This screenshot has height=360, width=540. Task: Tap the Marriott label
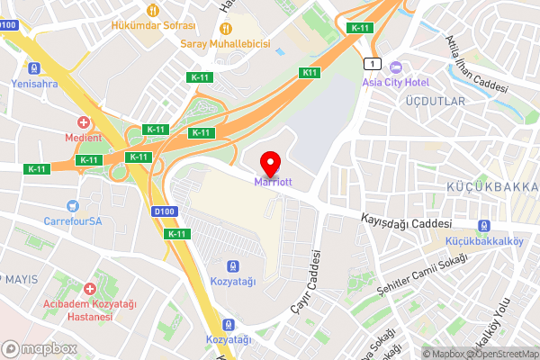pos(273,181)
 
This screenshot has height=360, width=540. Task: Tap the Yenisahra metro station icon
pos(34,68)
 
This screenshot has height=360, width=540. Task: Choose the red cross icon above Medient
pos(84,122)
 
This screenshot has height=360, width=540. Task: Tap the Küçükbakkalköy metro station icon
pos(485,226)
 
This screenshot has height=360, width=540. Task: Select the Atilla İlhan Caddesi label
pos(476,65)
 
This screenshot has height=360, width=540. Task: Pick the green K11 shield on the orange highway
pos(310,72)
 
